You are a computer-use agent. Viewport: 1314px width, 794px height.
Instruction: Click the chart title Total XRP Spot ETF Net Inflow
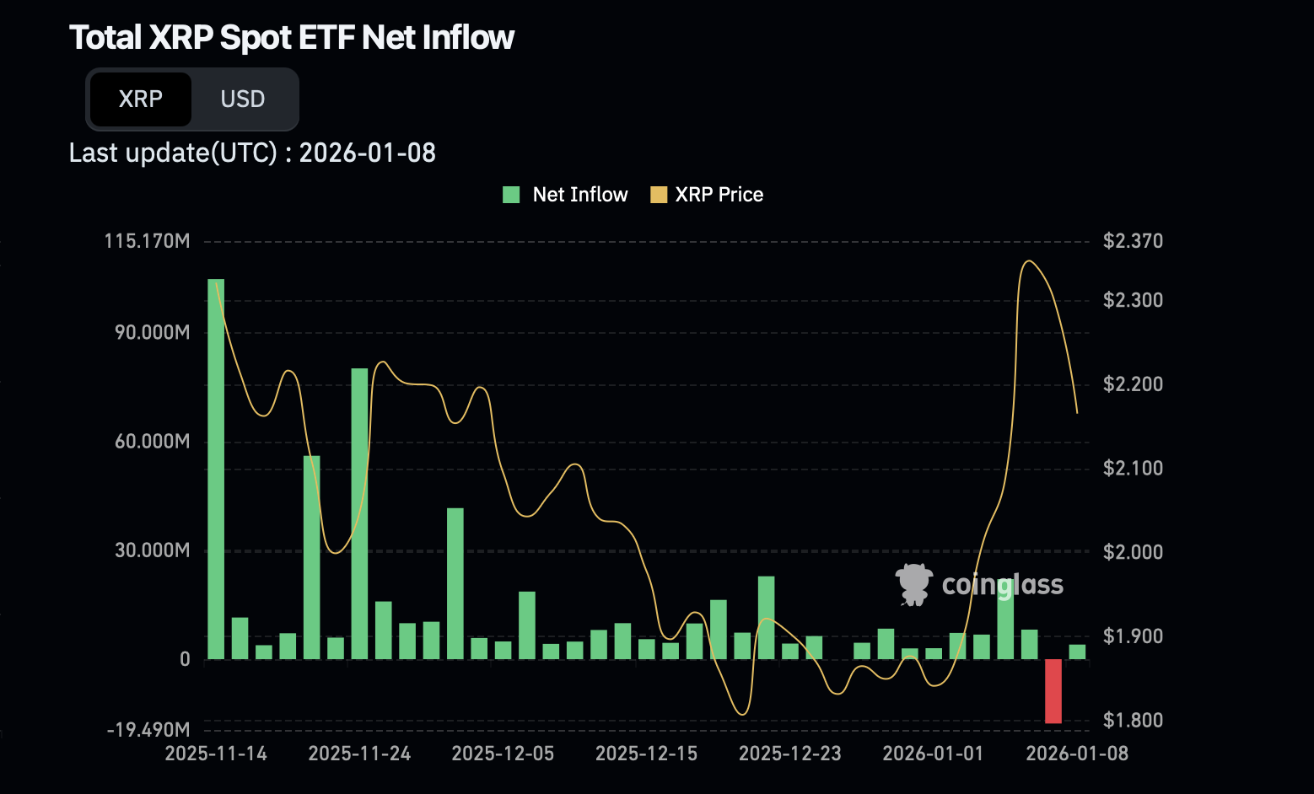click(x=291, y=38)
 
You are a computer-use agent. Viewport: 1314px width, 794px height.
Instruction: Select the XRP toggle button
click(x=140, y=99)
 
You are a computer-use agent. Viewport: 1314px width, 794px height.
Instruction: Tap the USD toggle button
click(x=243, y=99)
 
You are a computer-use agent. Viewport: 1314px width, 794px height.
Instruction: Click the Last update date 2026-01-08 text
click(x=367, y=153)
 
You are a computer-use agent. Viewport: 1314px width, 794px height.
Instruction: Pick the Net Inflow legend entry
click(x=565, y=195)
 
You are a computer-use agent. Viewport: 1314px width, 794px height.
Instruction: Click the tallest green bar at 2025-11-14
click(x=216, y=468)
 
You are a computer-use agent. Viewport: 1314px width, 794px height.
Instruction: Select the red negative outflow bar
click(x=1053, y=691)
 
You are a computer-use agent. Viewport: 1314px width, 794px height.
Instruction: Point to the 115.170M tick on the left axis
click(x=148, y=241)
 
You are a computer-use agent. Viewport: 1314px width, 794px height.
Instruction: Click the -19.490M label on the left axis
click(x=148, y=729)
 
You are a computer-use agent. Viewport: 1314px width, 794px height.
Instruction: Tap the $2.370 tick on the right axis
click(x=1133, y=241)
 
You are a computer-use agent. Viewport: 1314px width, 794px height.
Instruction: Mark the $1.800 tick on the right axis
click(x=1133, y=720)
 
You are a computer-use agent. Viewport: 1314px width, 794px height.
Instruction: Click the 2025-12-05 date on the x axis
click(x=503, y=754)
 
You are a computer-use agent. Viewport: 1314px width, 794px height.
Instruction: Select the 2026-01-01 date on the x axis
click(x=933, y=754)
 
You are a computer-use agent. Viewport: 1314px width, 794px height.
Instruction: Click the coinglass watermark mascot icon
click(x=913, y=584)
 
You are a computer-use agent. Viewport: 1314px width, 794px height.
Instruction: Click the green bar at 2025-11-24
click(x=359, y=513)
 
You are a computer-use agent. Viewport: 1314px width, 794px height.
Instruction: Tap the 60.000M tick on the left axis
click(x=153, y=442)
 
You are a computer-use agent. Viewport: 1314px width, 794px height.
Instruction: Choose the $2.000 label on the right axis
click(x=1133, y=552)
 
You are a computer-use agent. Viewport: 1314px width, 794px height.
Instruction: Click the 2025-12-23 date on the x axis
click(x=789, y=754)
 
